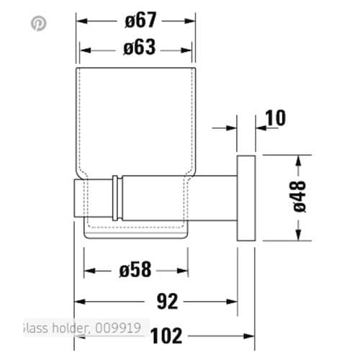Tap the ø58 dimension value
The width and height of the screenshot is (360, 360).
tap(137, 271)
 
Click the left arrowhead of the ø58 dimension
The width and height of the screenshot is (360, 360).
tap(88, 271)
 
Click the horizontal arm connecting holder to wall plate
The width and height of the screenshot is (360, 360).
tap(180, 195)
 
